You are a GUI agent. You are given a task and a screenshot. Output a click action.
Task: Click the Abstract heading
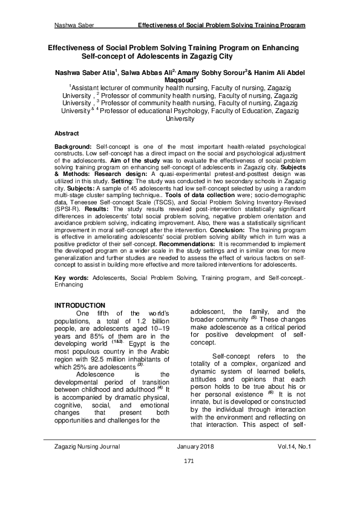(67, 132)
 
